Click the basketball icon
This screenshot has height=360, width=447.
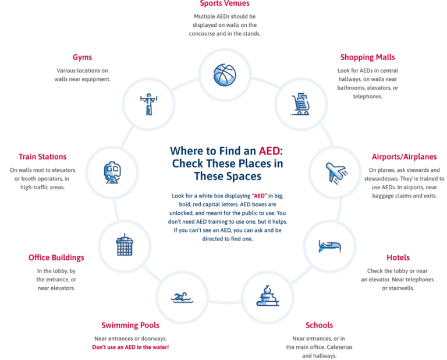point(225,75)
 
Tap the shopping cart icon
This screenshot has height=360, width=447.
point(300,104)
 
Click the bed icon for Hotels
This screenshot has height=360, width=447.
point(330,246)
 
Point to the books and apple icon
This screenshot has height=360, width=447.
point(267,295)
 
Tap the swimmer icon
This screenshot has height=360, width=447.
point(182,298)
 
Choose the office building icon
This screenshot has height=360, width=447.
point(125,245)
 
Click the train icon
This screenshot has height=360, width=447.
point(112,172)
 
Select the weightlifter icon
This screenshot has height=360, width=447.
point(148,104)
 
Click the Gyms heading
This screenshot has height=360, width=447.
point(83,57)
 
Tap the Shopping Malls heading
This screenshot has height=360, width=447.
point(367,57)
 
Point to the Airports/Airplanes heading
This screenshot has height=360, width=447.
point(405,157)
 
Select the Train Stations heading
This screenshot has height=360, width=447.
point(42,157)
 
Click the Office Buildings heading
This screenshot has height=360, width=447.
point(56,257)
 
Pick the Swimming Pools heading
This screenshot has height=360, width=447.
point(130,325)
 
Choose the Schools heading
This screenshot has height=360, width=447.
point(319,325)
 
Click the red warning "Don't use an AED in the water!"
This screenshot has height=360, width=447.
point(130,347)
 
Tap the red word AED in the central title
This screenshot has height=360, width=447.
point(269,151)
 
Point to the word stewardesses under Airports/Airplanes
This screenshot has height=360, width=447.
point(381,179)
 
